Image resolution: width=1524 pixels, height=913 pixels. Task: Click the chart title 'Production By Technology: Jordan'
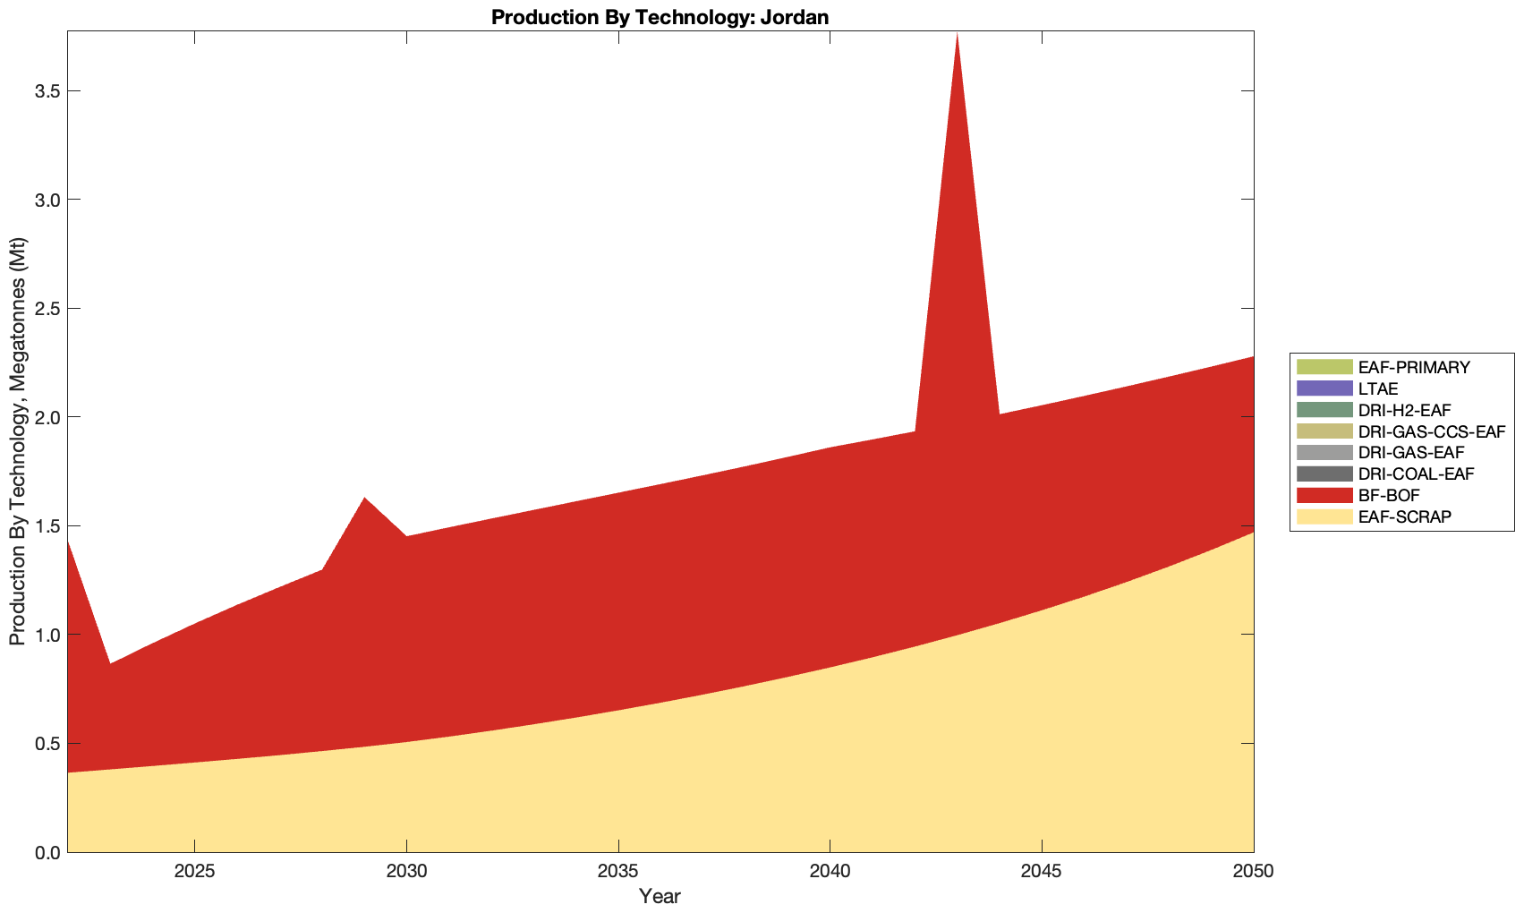[x=660, y=16]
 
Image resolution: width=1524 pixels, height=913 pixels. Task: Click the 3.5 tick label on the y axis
[x=43, y=91]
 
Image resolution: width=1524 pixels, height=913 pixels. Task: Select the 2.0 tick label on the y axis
[x=43, y=417]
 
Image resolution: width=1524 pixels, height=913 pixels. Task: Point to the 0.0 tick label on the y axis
[x=43, y=852]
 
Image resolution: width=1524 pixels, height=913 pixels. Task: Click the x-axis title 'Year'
[x=660, y=896]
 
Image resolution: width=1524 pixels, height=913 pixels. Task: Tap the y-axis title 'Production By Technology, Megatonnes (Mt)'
[x=17, y=441]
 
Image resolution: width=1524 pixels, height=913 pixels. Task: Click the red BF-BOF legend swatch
[x=1324, y=495]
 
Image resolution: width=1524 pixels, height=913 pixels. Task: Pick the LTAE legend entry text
[x=1377, y=388]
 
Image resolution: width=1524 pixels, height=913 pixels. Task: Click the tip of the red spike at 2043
[x=957, y=33]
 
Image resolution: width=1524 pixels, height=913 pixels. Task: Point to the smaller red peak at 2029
[x=364, y=498]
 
